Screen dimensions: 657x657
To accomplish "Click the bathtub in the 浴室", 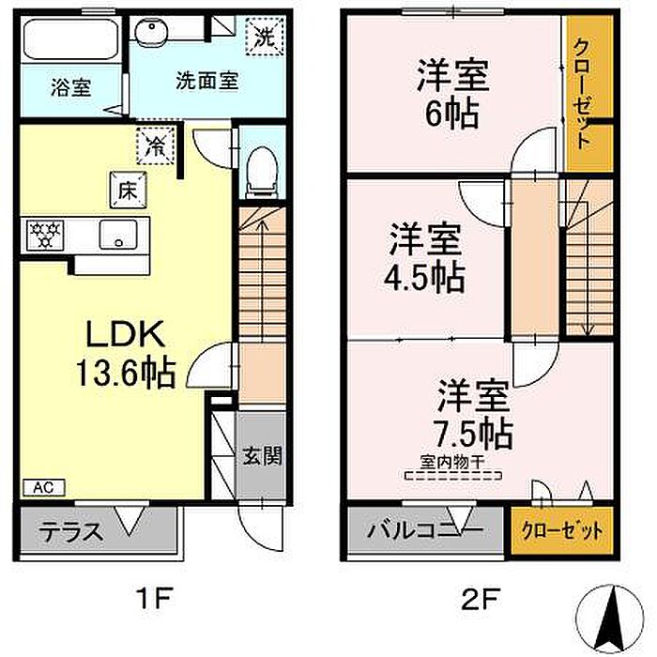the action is click(x=70, y=39).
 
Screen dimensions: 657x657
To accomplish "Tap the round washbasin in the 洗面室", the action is click(x=151, y=29).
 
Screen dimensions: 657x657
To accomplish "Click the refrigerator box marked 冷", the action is click(x=156, y=145).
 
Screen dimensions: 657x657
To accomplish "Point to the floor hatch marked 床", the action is click(x=128, y=190).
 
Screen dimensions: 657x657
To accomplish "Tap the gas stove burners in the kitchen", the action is click(x=45, y=235).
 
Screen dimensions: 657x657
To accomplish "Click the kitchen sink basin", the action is click(x=118, y=235).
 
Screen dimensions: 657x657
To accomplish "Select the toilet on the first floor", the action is click(x=262, y=172).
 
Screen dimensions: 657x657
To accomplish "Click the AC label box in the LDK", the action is click(x=43, y=487).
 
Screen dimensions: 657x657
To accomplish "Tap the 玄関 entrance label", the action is click(x=262, y=455).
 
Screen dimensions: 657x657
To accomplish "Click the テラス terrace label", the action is click(x=71, y=532).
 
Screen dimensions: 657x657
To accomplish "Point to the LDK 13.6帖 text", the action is click(x=125, y=353).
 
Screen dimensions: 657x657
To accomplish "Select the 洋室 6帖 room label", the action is click(x=452, y=94).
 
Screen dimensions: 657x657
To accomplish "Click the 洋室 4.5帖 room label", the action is click(x=425, y=258).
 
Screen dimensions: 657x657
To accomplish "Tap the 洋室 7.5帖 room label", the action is click(x=473, y=414).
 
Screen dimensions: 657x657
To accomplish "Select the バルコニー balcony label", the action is click(x=426, y=530).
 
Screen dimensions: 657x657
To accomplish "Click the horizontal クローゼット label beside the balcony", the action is click(x=562, y=531).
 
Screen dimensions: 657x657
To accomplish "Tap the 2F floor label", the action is click(x=480, y=598).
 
